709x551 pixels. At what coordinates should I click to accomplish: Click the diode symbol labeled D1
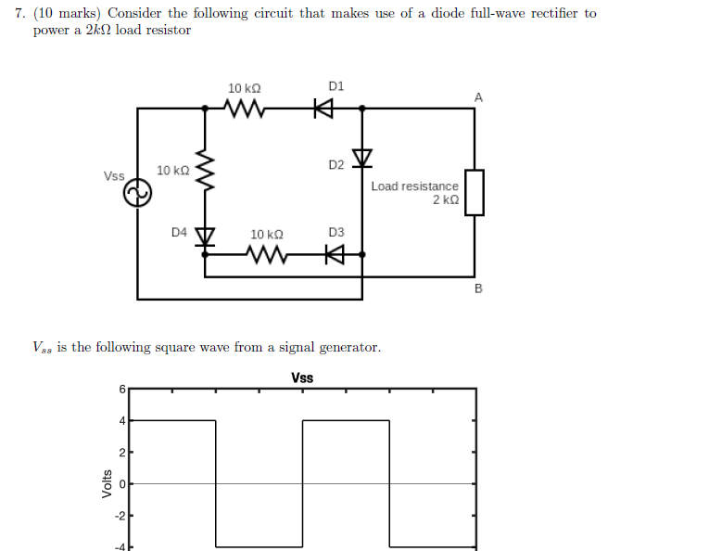[323, 109]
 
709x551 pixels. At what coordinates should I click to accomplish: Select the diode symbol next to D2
[361, 159]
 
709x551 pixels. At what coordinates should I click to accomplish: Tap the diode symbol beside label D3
[335, 252]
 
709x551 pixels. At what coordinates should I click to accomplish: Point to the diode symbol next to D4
[205, 236]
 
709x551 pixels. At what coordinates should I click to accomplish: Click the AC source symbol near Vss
[137, 193]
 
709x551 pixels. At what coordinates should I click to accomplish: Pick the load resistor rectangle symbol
[474, 193]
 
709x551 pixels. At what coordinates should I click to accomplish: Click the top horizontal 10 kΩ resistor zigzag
[246, 109]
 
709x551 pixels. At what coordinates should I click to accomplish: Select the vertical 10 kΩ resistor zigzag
[205, 172]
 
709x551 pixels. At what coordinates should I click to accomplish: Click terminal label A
[478, 96]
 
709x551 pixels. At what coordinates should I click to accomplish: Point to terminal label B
[478, 288]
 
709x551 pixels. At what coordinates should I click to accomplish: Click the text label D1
[336, 86]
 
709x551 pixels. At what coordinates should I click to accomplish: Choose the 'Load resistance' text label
[414, 186]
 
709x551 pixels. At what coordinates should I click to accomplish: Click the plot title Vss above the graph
[302, 378]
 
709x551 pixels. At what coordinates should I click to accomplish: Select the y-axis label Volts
[105, 483]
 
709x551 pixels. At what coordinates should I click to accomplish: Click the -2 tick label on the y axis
[118, 515]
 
